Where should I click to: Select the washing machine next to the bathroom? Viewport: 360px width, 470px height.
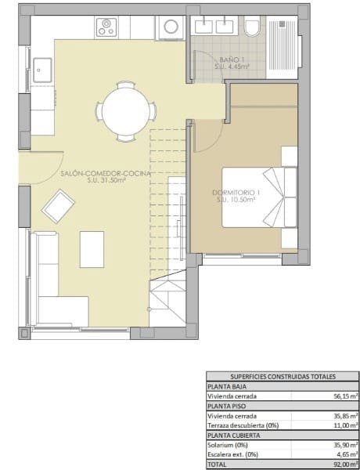click(x=169, y=28)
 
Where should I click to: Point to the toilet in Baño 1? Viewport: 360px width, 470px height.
click(x=252, y=29)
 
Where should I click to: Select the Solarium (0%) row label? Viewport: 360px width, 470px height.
click(x=227, y=444)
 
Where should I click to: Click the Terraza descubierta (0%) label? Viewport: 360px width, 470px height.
click(x=243, y=425)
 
